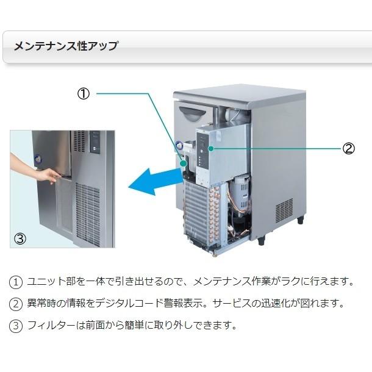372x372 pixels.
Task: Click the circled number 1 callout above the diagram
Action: click(84, 93)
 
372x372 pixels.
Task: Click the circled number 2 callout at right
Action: click(349, 148)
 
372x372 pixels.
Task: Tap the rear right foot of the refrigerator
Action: click(300, 220)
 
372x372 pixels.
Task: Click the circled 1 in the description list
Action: click(16, 282)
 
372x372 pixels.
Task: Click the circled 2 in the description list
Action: click(16, 304)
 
